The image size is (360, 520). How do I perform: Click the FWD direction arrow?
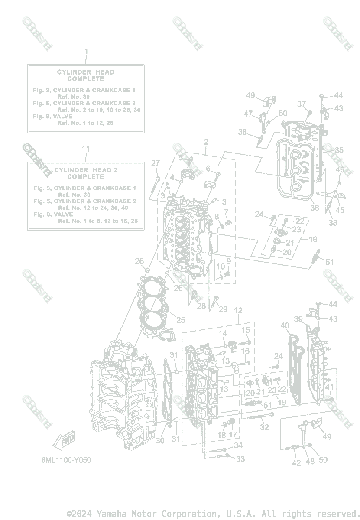(64, 442)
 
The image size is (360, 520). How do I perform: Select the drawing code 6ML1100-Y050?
(63, 460)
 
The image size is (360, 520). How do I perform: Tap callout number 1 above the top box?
(86, 52)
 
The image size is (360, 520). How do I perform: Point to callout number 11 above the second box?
(86, 149)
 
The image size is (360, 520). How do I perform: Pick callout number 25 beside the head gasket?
(180, 320)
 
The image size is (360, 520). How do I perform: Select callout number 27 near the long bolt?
(156, 163)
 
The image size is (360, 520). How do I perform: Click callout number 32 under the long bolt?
(264, 427)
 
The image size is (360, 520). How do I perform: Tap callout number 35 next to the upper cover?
(339, 150)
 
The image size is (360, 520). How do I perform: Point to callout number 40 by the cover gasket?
(285, 326)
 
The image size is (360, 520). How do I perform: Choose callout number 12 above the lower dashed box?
(238, 311)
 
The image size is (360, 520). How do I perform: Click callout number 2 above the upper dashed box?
(206, 142)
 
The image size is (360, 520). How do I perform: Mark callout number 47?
(248, 114)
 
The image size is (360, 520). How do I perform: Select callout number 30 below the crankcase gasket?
(160, 440)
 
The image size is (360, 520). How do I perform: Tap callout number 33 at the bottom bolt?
(240, 459)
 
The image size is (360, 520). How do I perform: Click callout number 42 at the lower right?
(296, 462)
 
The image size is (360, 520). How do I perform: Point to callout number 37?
(302, 104)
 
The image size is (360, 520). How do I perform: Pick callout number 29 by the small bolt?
(223, 309)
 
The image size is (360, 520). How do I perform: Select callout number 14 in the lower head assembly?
(223, 333)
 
